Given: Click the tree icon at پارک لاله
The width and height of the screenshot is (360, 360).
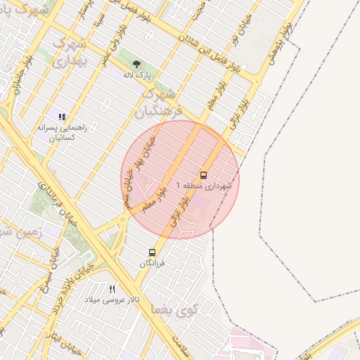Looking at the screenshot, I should (x=136, y=64).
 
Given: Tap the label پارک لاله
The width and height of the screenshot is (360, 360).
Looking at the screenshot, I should (x=137, y=74).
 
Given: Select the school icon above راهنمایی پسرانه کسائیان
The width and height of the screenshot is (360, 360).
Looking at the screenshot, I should (x=62, y=117).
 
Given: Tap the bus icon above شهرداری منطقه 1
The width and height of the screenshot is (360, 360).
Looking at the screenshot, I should (x=203, y=174).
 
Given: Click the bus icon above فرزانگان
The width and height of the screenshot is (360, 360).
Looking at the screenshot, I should (x=153, y=252).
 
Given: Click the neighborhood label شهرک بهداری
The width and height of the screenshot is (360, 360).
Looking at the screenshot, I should (x=69, y=52).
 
